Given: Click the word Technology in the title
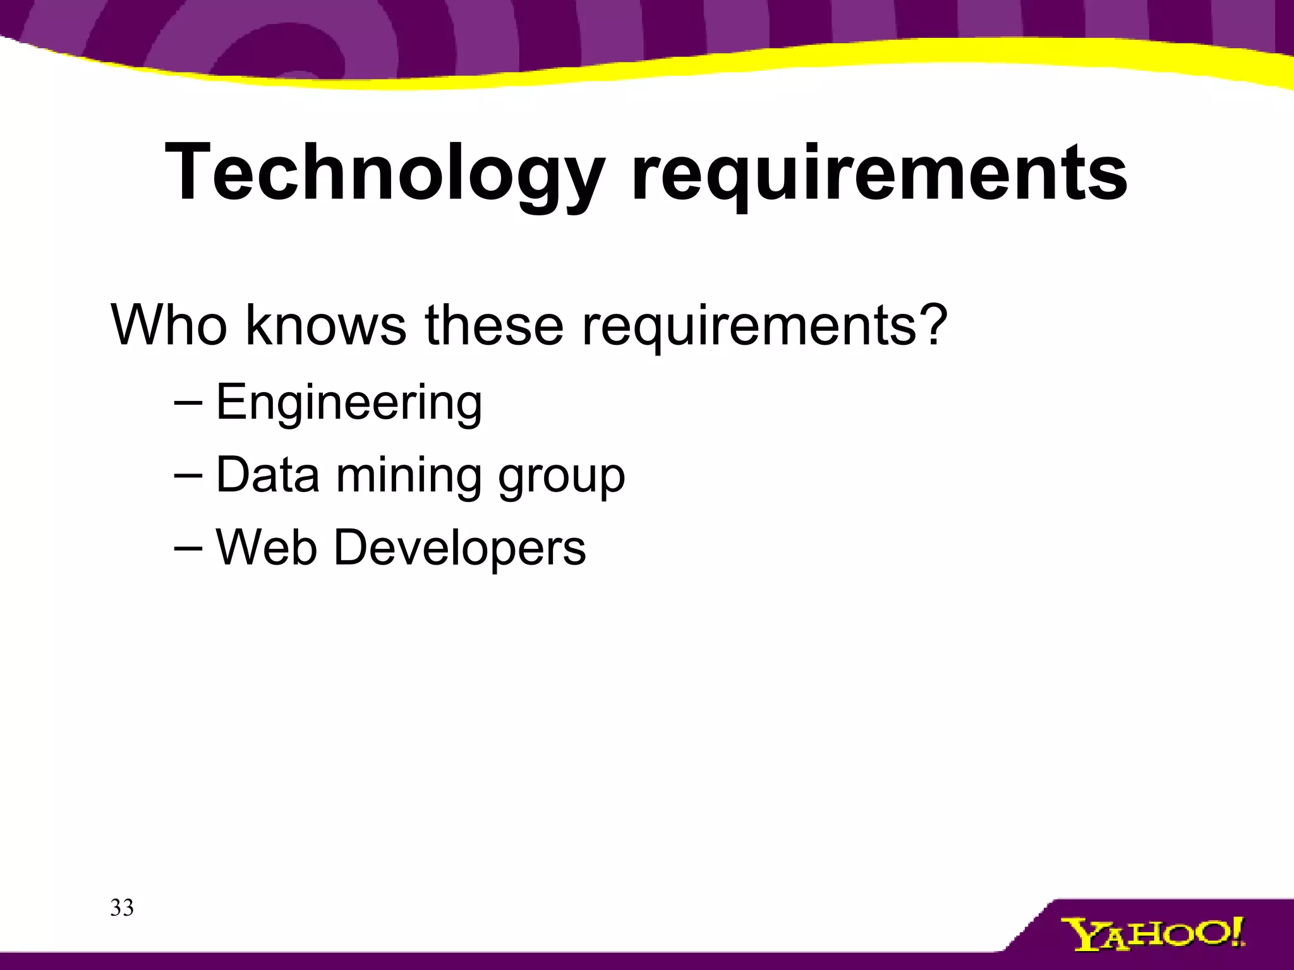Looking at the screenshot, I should point(385,174).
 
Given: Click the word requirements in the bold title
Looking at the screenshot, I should point(880,174).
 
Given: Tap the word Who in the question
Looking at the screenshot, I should point(169,326).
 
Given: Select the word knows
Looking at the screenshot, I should point(326,326).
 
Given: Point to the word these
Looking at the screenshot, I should point(494,326).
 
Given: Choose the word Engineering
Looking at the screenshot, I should point(349,403).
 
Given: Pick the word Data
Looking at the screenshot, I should point(268,475).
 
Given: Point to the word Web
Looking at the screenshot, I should point(267,547).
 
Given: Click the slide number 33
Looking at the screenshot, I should point(122,908).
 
